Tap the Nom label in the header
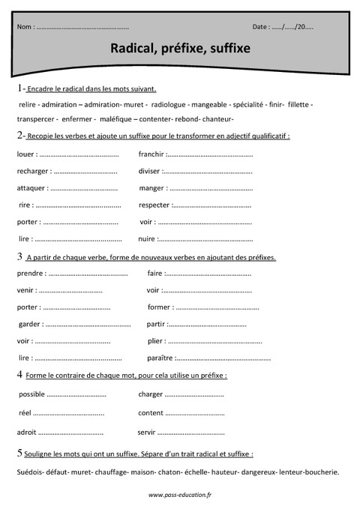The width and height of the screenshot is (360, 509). tap(25, 27)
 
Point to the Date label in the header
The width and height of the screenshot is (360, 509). tap(261, 27)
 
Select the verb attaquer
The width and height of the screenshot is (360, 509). tap(31, 188)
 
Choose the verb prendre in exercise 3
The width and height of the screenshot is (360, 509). tap(29, 274)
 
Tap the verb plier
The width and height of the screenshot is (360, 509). tap(156, 340)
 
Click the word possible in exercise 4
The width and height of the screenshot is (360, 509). tap(31, 394)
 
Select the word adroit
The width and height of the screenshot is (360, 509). tap(26, 432)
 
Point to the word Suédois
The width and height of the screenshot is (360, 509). tap(28, 472)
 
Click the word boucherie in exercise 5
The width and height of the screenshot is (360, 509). tap(320, 472)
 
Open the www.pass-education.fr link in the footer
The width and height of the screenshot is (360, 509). tap(179, 495)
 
